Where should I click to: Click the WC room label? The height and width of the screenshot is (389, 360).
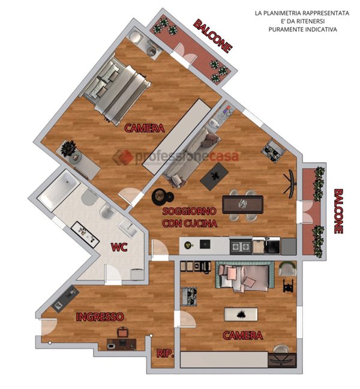coord(119,247)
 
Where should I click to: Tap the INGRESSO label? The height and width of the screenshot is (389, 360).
coord(100,317)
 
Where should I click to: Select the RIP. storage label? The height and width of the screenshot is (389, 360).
coord(166,353)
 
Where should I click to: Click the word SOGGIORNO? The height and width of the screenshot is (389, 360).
coord(190,211)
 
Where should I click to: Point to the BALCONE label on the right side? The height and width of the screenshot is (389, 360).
coord(338,211)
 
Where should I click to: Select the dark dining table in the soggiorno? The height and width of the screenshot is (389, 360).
coord(243,205)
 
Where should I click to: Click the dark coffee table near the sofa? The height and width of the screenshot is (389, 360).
coord(214,176)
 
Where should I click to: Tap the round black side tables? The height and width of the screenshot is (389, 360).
coord(162,197)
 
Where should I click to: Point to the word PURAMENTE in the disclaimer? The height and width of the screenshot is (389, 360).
coord(286,29)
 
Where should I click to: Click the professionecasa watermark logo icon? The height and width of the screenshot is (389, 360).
coord(123,157)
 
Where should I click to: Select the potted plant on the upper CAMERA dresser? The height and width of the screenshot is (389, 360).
coord(68,148)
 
